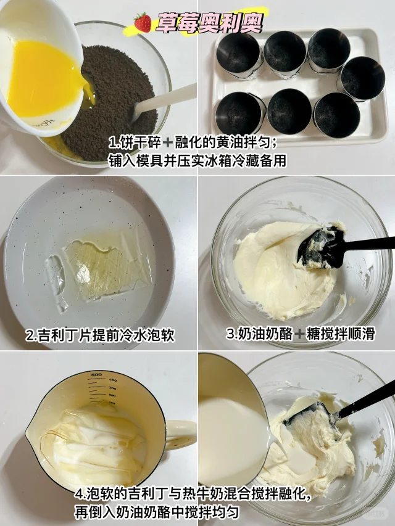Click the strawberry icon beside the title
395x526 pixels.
[x=143, y=22]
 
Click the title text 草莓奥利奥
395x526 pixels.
[x=209, y=23]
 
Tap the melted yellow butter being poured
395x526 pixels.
[x=44, y=79]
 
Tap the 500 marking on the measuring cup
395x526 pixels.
[x=96, y=375]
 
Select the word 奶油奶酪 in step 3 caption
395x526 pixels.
[x=265, y=334]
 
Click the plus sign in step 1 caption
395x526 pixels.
[x=168, y=143]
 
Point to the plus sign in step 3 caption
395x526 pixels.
[x=299, y=334]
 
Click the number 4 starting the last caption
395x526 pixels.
[x=78, y=494]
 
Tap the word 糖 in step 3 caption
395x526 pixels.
[x=312, y=334]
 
